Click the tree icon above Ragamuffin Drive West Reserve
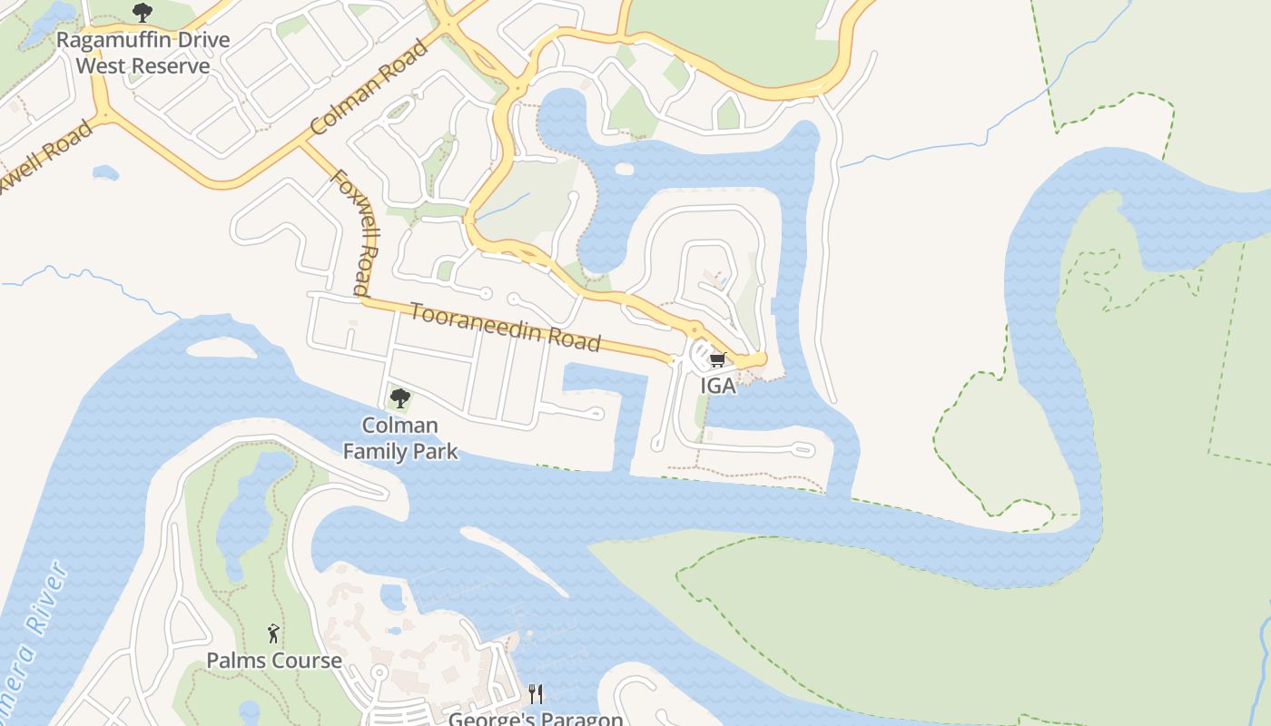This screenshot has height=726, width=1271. point(142,13)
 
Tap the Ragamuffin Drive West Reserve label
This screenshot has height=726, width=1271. point(143,53)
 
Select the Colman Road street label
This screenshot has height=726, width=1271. point(368,87)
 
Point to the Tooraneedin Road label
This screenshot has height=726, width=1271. point(505,327)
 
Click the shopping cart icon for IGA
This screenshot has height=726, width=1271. point(718,360)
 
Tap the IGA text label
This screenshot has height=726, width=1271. point(718,386)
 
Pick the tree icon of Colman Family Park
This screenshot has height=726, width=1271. point(399,397)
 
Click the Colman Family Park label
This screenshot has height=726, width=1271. point(399,437)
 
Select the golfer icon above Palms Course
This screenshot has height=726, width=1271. point(273,633)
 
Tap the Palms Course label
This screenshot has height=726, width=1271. point(274,660)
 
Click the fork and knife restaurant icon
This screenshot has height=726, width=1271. point(536,694)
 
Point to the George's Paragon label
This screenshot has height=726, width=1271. point(536,719)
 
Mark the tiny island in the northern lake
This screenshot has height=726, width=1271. point(624,169)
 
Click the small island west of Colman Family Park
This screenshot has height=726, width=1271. point(221,348)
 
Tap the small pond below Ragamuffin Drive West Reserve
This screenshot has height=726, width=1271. point(105,172)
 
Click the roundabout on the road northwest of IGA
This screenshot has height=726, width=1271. point(695,329)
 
